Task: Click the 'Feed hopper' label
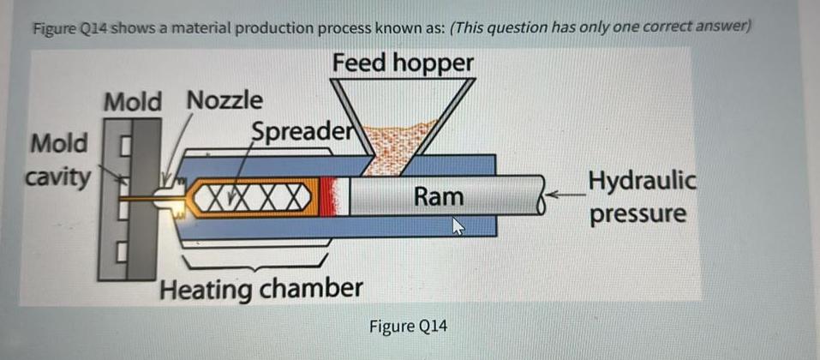402,63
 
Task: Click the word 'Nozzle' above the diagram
224,100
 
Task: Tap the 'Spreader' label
302,131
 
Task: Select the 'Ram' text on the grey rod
438,197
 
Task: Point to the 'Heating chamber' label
261,288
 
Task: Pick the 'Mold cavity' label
58,159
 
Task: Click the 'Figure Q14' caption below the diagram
408,327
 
